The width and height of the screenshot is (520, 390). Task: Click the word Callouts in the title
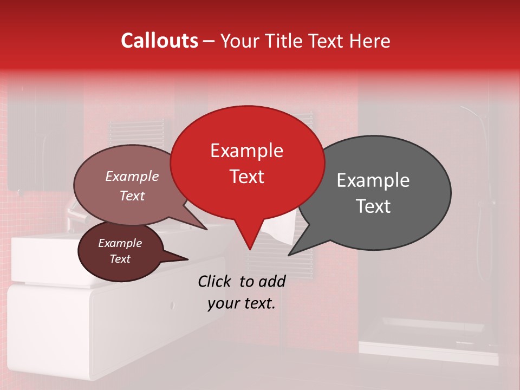(x=159, y=41)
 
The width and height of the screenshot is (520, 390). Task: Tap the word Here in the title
(x=370, y=41)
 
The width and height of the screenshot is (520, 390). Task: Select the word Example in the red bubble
(x=246, y=151)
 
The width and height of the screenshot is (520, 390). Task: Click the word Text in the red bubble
(x=246, y=177)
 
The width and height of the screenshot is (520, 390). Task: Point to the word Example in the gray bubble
(x=373, y=180)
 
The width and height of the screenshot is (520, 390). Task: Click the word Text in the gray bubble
(x=373, y=206)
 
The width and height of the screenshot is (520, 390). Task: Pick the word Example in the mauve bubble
(x=132, y=176)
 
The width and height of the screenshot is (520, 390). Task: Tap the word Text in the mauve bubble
(x=132, y=196)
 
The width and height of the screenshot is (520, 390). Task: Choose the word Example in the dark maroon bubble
(x=120, y=243)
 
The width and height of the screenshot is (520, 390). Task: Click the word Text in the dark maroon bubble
(x=120, y=259)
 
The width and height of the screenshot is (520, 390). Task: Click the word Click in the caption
(x=214, y=281)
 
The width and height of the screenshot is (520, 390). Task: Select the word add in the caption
(x=272, y=281)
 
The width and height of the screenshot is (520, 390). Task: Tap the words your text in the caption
(x=242, y=303)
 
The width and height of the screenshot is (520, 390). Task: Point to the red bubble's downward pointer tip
(x=249, y=250)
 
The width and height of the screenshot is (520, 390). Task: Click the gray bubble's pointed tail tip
(x=288, y=255)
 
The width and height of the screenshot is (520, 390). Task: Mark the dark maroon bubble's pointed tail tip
(x=188, y=259)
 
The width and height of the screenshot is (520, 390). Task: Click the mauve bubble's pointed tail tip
(x=207, y=229)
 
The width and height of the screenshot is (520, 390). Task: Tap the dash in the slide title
(x=210, y=41)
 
